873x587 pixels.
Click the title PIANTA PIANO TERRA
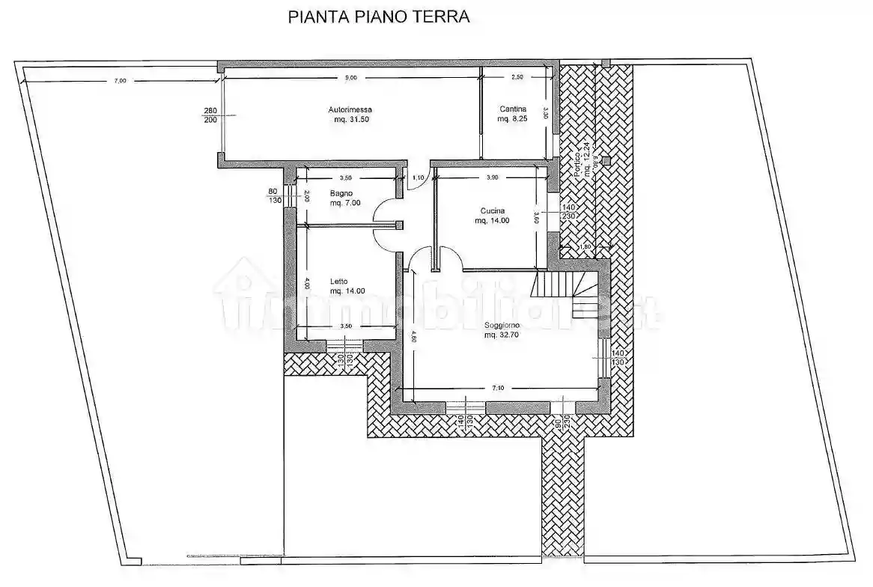pyautogui.click(x=379, y=17)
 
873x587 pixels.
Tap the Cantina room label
pyautogui.click(x=514, y=109)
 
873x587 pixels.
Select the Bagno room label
pyautogui.click(x=341, y=193)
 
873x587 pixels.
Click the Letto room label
pyautogui.click(x=338, y=282)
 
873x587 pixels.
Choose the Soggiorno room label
pyautogui.click(x=502, y=326)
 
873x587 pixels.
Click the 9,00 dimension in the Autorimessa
pyautogui.click(x=350, y=78)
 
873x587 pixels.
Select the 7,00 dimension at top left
pyautogui.click(x=120, y=80)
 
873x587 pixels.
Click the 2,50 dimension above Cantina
pyautogui.click(x=517, y=78)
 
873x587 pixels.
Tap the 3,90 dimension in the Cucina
pyautogui.click(x=491, y=177)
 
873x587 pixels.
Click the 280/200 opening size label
pyautogui.click(x=210, y=115)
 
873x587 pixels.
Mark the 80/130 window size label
pyautogui.click(x=273, y=195)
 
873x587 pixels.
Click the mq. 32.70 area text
pyautogui.click(x=502, y=335)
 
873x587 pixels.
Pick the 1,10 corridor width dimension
pyautogui.click(x=419, y=177)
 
